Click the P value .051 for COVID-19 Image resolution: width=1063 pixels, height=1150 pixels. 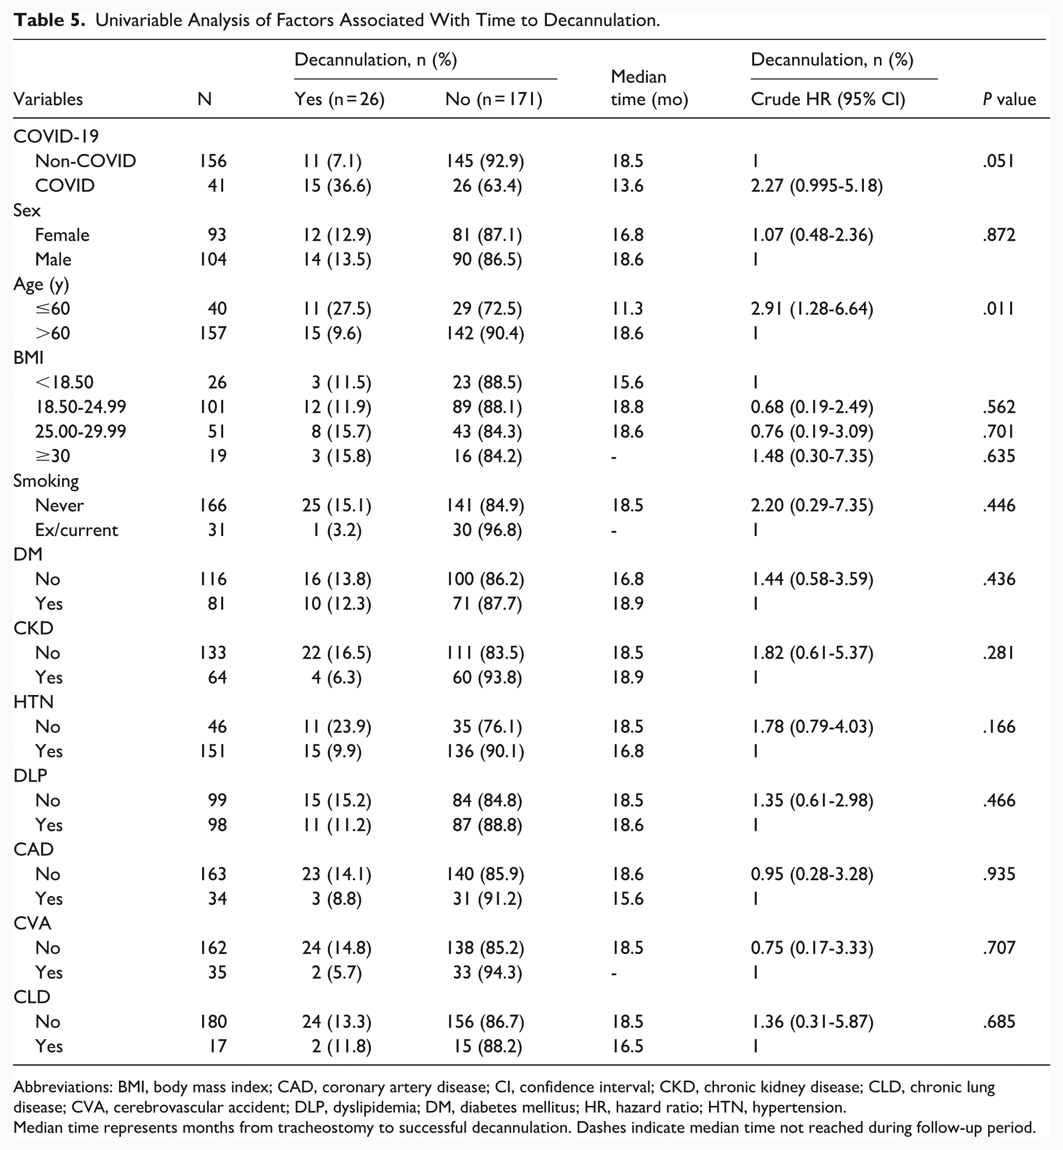click(x=998, y=161)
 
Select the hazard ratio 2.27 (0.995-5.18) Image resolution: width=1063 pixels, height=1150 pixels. click(x=816, y=186)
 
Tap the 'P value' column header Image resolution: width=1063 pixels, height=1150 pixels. click(x=1009, y=100)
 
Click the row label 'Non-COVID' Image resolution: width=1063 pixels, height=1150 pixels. click(x=85, y=161)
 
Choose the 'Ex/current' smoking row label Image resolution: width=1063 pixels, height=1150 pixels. click(x=76, y=529)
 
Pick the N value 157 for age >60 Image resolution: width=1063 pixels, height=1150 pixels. click(x=213, y=333)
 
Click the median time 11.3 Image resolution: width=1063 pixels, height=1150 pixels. click(x=627, y=309)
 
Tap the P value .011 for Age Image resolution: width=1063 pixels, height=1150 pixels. click(x=998, y=309)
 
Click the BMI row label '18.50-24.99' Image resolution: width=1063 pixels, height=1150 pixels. click(x=81, y=407)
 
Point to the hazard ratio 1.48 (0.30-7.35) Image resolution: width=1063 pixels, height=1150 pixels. click(x=812, y=456)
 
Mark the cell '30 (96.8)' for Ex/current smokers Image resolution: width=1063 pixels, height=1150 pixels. click(x=487, y=529)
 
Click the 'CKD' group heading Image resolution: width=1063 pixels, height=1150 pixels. click(x=33, y=628)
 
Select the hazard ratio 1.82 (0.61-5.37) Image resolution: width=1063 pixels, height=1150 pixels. click(x=812, y=652)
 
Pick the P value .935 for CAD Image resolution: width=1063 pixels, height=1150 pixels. click(x=998, y=874)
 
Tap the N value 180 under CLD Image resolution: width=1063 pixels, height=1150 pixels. click(x=213, y=1021)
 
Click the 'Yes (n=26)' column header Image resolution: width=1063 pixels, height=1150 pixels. click(x=340, y=100)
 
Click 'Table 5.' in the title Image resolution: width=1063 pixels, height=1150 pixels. click(x=49, y=21)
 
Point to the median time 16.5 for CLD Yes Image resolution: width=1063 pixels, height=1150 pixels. click(x=627, y=1046)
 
